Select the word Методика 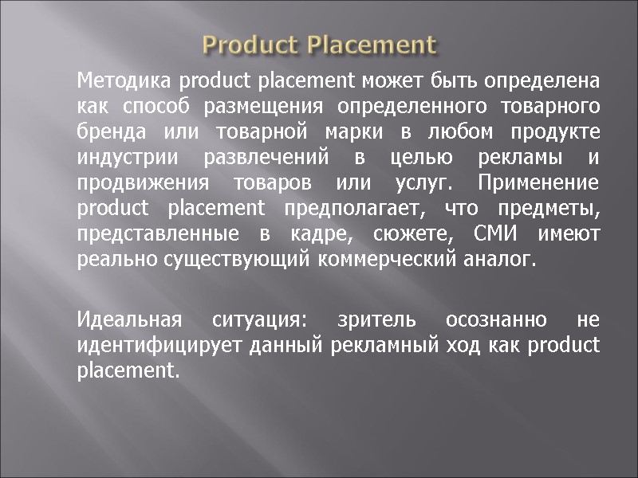tap(125, 80)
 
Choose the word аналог tap(498, 260)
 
